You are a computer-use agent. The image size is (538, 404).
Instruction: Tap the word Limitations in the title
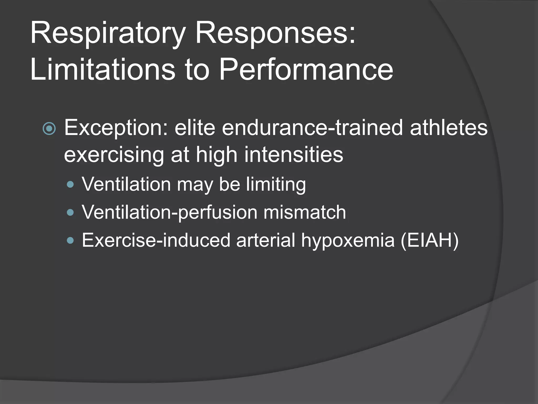click(x=102, y=70)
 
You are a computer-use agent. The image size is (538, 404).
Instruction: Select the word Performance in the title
click(x=306, y=70)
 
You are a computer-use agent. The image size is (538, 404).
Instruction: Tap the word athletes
click(x=449, y=128)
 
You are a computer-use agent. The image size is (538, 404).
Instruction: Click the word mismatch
click(x=305, y=212)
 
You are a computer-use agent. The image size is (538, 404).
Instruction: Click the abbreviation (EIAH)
click(x=430, y=240)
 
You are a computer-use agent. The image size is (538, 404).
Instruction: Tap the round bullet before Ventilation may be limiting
click(x=70, y=184)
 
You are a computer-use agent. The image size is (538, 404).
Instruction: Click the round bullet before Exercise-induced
click(x=70, y=240)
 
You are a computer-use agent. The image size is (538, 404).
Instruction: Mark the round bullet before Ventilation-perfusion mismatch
click(x=70, y=212)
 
